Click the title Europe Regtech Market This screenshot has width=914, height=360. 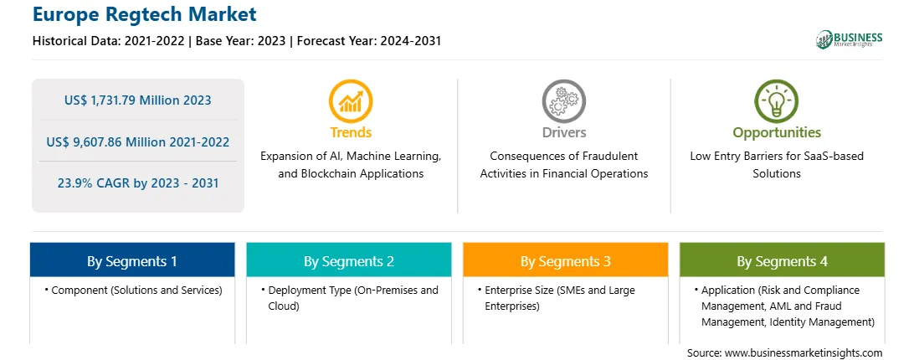click(x=145, y=14)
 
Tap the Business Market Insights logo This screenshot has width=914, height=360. click(x=850, y=39)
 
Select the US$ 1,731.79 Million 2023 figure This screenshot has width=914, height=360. click(x=137, y=100)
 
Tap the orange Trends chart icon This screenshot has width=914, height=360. click(x=351, y=101)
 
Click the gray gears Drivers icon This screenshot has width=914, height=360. click(x=563, y=101)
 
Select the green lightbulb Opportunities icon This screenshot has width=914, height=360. click(x=777, y=101)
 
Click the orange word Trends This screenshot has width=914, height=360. click(x=351, y=132)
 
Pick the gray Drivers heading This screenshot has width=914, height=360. click(x=564, y=132)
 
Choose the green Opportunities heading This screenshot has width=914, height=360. click(x=777, y=132)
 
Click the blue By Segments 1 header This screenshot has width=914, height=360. click(x=132, y=260)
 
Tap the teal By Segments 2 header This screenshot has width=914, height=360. click(x=348, y=260)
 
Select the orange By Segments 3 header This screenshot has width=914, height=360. click(x=566, y=260)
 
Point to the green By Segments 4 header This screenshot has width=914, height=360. click(x=783, y=260)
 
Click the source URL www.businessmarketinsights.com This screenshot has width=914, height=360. click(x=804, y=352)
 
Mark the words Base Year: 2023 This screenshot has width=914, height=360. click(x=241, y=41)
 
